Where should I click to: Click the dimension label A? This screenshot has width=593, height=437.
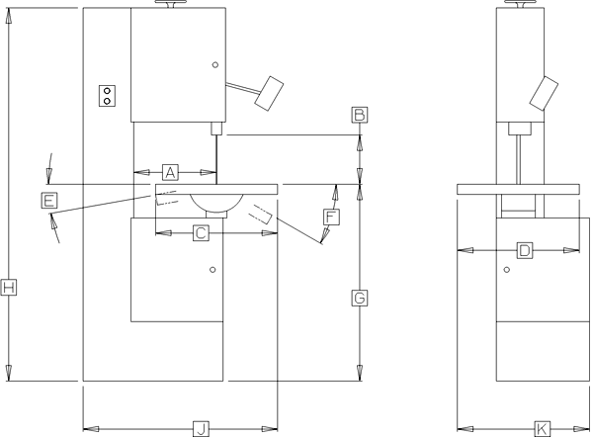click(x=169, y=171)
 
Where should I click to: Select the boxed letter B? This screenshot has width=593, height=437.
click(x=360, y=114)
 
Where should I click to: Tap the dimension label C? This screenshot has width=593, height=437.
click(x=200, y=233)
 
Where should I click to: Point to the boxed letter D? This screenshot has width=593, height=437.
click(x=525, y=251)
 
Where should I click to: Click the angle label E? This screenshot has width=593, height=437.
click(x=48, y=201)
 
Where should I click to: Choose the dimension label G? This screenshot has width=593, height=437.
click(x=360, y=297)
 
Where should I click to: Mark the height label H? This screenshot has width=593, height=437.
click(x=9, y=288)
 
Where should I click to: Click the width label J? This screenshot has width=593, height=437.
click(x=200, y=428)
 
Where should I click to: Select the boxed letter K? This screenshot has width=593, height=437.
click(x=542, y=428)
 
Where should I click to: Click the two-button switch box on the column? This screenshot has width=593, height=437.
click(x=107, y=94)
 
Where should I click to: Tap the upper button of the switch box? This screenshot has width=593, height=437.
click(x=107, y=89)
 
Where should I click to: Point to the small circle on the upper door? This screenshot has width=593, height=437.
click(x=213, y=66)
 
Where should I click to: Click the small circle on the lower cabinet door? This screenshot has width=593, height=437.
click(x=212, y=269)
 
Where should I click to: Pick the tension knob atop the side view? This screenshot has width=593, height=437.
click(x=522, y=6)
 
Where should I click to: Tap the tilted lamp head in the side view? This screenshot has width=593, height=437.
click(x=543, y=92)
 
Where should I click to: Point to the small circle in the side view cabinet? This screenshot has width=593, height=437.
click(x=506, y=269)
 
